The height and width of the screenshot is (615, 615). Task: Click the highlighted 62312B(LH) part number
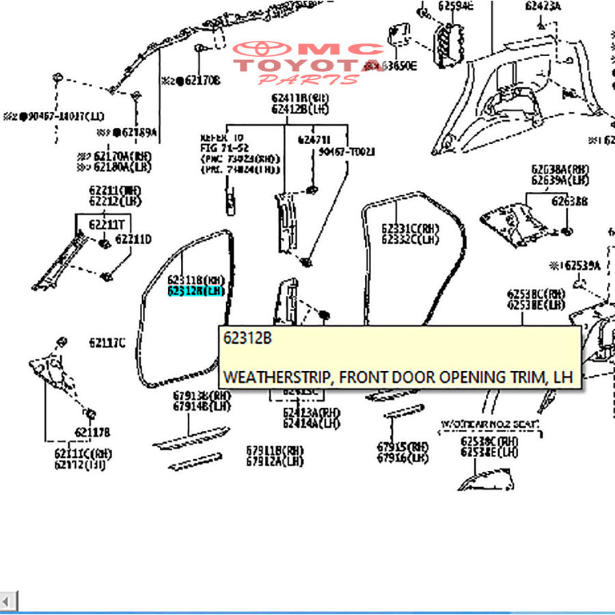pyautogui.click(x=196, y=290)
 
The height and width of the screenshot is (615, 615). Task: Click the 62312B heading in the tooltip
pyautogui.click(x=247, y=338)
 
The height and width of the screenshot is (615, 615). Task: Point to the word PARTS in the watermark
pyautogui.click(x=308, y=79)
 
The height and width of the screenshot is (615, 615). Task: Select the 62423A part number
pyautogui.click(x=543, y=7)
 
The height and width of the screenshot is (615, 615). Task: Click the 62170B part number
pyautogui.click(x=198, y=81)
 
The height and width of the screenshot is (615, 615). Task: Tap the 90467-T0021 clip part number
pyautogui.click(x=346, y=152)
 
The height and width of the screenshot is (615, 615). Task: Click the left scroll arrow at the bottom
pyautogui.click(x=8, y=601)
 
